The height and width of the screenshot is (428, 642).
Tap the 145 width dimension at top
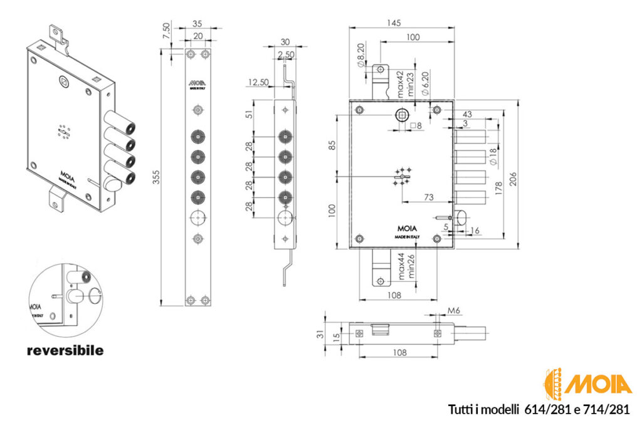(x=393, y=23)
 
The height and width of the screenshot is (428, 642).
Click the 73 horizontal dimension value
(x=429, y=197)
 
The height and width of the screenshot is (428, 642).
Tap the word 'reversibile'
(x=65, y=350)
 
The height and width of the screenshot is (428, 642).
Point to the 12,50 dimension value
(x=258, y=82)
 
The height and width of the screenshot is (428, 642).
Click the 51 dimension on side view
(x=249, y=114)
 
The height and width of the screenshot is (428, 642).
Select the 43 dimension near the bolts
(x=466, y=114)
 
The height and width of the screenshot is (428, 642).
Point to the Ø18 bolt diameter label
(x=492, y=154)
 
